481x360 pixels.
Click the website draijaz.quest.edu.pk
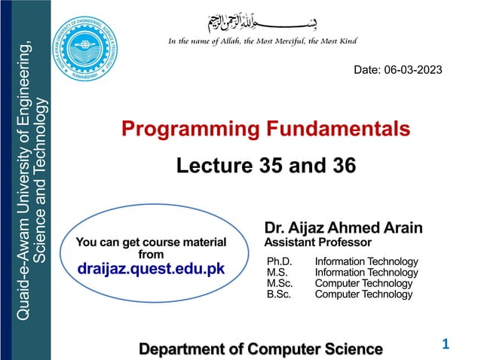pyautogui.click(x=152, y=268)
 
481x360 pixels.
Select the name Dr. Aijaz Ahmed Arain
pyautogui.click(x=343, y=227)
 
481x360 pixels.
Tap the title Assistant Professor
pyautogui.click(x=317, y=243)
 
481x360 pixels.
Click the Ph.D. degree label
pyautogui.click(x=280, y=261)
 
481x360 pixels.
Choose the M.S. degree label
pyautogui.click(x=277, y=272)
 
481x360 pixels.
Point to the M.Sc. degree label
pyautogui.click(x=280, y=283)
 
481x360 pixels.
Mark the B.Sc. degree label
pyautogui.click(x=279, y=294)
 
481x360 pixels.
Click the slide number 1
pyautogui.click(x=445, y=344)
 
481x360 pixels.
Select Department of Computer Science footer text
pyautogui.click(x=261, y=349)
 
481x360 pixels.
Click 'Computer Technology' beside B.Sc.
pyautogui.click(x=363, y=294)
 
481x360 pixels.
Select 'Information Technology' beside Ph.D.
pyautogui.click(x=366, y=261)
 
